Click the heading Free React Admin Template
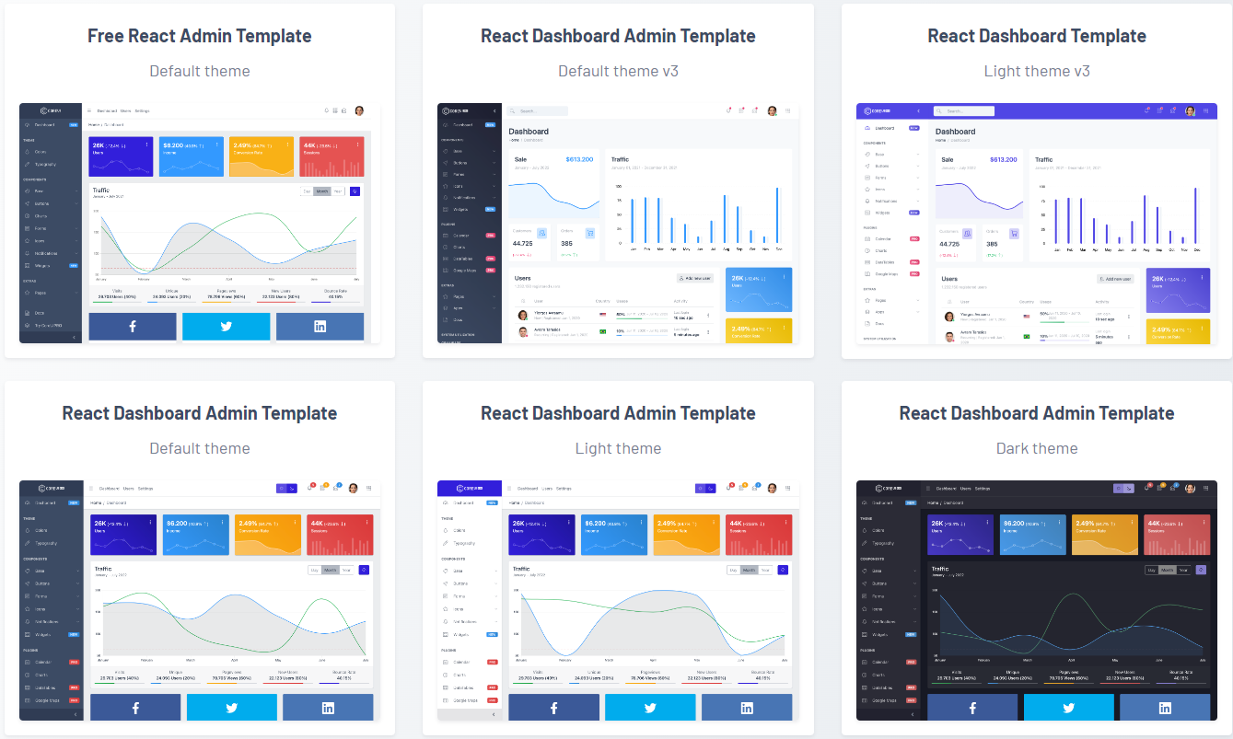tap(199, 36)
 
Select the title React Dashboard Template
tap(1036, 36)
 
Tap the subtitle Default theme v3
tap(618, 71)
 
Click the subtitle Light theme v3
tap(1036, 71)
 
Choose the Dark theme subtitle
tap(1036, 448)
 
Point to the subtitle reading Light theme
tap(618, 448)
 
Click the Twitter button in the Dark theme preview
tap(1068, 708)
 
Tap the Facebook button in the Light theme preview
tap(553, 708)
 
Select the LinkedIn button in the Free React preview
tap(320, 327)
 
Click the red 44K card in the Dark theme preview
tap(1176, 535)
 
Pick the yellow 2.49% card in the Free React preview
tap(262, 156)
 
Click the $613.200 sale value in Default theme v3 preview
tap(579, 159)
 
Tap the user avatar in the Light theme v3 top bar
tap(1190, 110)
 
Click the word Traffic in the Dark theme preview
tap(939, 569)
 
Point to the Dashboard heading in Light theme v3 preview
tap(955, 132)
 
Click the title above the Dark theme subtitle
tap(1036, 413)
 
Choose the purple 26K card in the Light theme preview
tap(541, 535)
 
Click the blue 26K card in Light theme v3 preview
tap(1178, 290)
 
